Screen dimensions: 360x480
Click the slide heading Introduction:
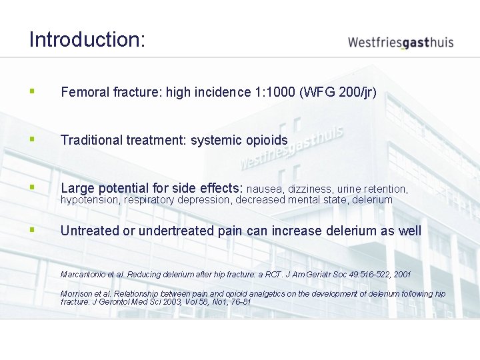point(87,39)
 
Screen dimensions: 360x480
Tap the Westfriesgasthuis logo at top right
point(400,42)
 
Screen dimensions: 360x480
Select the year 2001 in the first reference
point(401,274)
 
